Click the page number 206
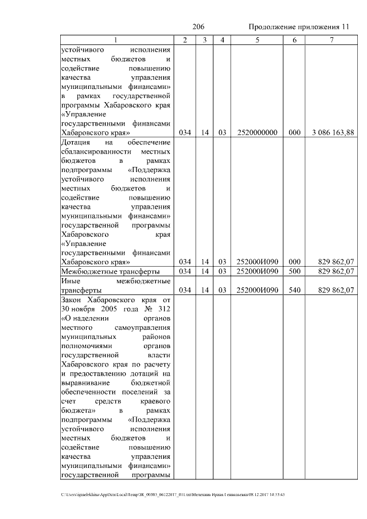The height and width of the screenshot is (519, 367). tap(198, 27)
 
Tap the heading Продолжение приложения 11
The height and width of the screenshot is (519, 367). tap(299, 27)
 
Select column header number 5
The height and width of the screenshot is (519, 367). tap(257, 40)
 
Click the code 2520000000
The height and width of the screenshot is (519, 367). tap(257, 132)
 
